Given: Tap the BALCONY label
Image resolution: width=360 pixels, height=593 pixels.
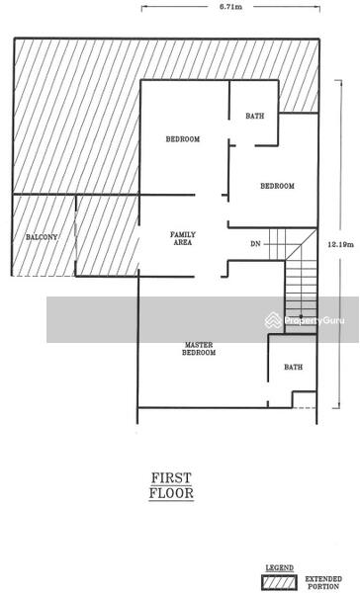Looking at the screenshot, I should (42, 237).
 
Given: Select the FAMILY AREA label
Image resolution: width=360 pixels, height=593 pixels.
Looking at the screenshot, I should (183, 238).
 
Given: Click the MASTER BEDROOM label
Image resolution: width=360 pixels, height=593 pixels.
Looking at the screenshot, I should (199, 349).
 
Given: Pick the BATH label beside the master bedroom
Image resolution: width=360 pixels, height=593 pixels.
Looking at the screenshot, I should (294, 368).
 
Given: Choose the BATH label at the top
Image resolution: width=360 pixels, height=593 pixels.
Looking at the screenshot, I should (255, 117).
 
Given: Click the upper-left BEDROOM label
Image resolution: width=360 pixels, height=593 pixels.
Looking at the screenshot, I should (183, 139).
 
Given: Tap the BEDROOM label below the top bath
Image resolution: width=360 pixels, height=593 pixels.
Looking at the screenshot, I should (277, 187).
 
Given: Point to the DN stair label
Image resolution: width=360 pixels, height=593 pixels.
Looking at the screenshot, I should (255, 243).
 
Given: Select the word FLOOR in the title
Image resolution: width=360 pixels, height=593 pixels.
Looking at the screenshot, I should (171, 491).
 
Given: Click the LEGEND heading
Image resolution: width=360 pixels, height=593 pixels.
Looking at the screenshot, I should (279, 567).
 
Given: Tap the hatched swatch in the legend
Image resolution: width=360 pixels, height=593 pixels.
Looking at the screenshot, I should (278, 581).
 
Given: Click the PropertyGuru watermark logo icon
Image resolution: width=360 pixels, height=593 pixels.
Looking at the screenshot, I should (273, 320).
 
